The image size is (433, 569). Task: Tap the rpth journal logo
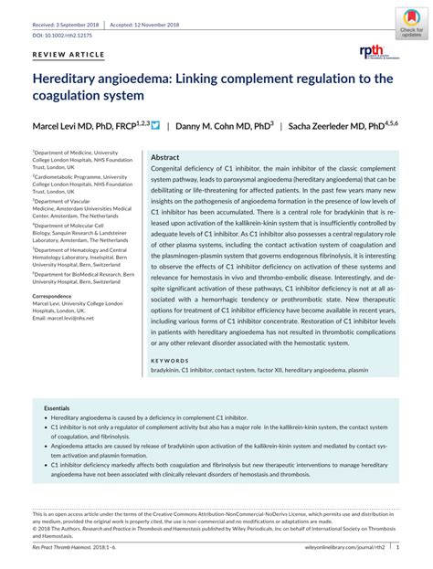(375, 52)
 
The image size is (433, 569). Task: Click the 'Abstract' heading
(164, 157)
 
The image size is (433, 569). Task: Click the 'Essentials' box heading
(57, 407)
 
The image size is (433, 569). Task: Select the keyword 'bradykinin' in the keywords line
(167, 372)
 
